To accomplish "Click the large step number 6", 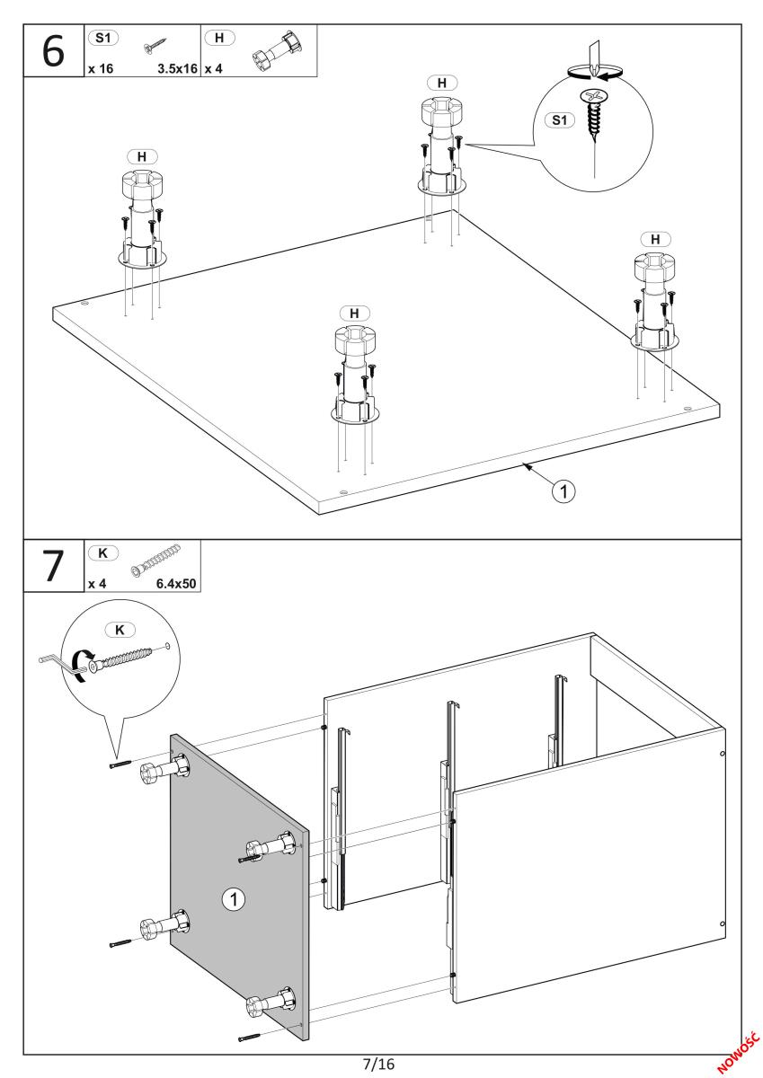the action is pos(53,51).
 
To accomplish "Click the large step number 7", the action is pos(53,565).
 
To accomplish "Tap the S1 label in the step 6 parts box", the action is pos(103,38).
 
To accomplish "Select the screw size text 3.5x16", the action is pos(177,68).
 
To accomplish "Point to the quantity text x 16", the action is pos(101,68).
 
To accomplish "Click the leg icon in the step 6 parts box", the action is pos(277,51).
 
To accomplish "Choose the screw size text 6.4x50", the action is pos(176,584).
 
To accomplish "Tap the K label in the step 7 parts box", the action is pos(103,553).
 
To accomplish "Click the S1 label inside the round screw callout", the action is pos(559,119).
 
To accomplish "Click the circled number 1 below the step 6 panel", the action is pos(563,491).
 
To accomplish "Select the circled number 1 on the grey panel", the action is pos(234,898).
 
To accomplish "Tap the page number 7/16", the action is pos(379,1063).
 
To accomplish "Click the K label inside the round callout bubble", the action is pos(120,630).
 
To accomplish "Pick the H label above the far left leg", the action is pos(141,157).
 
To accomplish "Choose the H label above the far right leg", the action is pos(655,239).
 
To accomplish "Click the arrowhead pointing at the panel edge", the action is pos(528,465).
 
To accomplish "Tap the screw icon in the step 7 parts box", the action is pos(155,561).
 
